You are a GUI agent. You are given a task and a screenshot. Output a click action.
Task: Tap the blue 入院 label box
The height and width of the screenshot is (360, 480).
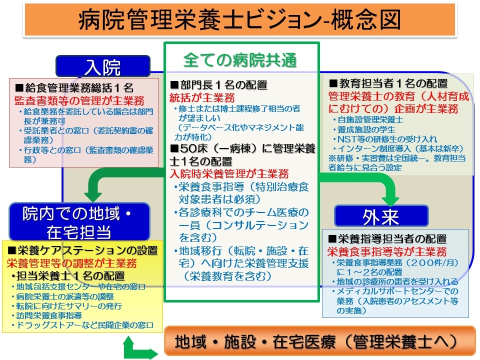coord(102,66)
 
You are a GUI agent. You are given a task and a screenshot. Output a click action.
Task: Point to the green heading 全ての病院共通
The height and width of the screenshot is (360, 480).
coord(240,60)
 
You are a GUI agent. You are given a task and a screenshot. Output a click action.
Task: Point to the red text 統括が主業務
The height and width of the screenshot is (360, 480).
coord(202,97)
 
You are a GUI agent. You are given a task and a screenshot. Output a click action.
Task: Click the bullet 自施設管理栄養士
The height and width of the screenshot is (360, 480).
coord(370,120)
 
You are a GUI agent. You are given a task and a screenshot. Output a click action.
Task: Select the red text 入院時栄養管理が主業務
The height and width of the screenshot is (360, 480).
coord(229,174)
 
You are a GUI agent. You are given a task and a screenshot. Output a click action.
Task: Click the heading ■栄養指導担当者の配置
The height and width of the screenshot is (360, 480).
coord(387,239)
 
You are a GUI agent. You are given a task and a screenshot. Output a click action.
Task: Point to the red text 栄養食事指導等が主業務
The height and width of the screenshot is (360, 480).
coord(387,252)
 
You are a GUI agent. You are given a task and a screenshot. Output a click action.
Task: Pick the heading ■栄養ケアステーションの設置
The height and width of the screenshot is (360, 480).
coord(83,250)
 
